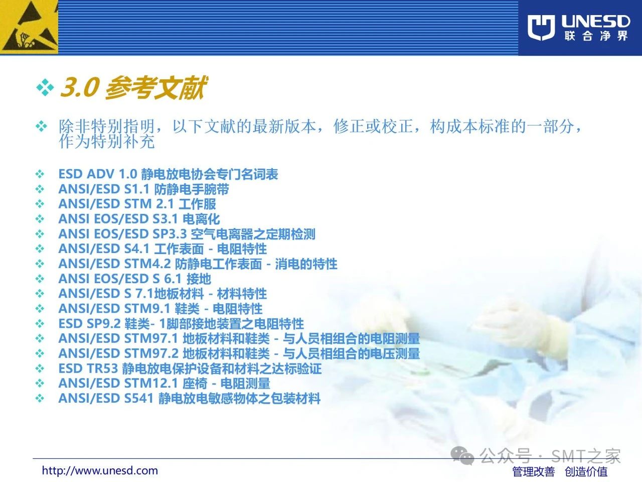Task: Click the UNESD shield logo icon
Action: tap(541, 28)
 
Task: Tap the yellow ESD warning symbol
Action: tap(29, 27)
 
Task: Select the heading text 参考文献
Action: tap(155, 87)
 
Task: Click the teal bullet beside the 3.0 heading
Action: tap(45, 87)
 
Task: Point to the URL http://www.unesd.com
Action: tap(100, 470)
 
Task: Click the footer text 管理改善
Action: tap(533, 471)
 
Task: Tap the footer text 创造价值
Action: tap(586, 471)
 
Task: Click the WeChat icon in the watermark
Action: tap(462, 455)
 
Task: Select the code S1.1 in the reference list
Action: tap(137, 189)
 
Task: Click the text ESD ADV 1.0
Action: tap(98, 174)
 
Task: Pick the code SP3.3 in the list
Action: tap(170, 234)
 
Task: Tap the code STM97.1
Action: tap(151, 338)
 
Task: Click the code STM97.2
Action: tap(151, 353)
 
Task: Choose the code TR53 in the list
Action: tap(102, 368)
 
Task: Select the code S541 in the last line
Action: tap(139, 398)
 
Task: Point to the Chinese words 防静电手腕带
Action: tap(192, 189)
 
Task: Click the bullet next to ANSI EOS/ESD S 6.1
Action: tap(40, 279)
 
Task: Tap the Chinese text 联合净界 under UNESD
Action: tap(596, 36)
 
